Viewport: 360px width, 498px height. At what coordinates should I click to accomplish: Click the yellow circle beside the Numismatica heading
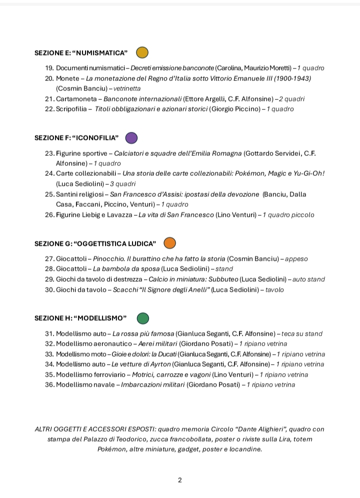[x=142, y=52]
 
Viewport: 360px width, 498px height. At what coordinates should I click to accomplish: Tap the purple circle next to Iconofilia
[x=131, y=138]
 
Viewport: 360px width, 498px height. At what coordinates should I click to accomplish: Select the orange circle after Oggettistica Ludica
[x=170, y=243]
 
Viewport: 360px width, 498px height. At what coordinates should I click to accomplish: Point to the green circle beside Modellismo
[x=143, y=318]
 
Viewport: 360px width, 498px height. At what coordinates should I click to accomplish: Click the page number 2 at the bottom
[x=180, y=480]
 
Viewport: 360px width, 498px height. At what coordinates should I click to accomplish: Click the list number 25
[x=49, y=194]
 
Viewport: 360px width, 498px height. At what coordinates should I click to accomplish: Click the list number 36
[x=49, y=385]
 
